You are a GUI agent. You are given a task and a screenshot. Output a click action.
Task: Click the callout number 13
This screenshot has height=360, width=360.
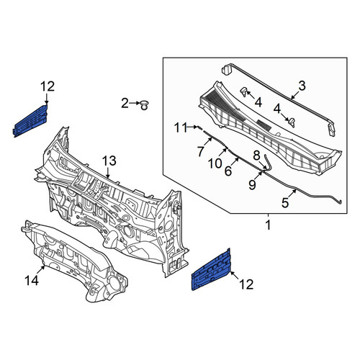109,161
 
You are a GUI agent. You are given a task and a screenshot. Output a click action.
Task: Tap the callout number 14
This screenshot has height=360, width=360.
32,280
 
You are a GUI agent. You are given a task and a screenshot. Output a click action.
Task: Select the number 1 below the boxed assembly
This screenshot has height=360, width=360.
268,225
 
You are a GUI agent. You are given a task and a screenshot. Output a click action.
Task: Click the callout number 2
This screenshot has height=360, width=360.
125,104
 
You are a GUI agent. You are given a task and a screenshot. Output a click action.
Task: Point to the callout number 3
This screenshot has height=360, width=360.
302,86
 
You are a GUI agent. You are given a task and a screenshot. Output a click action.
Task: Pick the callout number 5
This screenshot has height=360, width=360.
285,203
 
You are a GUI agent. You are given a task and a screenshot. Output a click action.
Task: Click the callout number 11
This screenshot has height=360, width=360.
181,127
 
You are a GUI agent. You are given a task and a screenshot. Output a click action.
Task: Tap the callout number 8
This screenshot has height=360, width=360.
256,156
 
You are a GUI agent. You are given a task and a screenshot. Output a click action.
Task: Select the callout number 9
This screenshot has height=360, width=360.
253,185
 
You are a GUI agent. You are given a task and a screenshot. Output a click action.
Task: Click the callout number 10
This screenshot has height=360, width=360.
215,164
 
